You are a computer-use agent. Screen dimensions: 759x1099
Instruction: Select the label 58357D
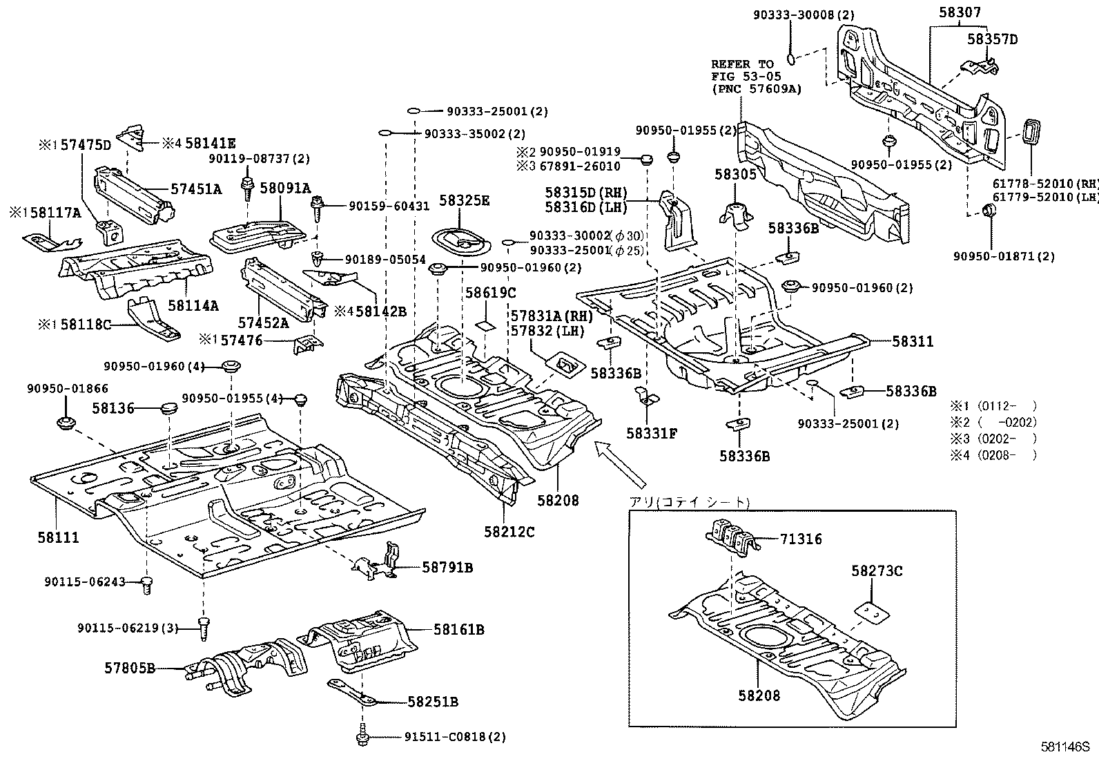[992, 39]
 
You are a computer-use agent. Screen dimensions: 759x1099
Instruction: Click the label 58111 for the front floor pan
[58, 537]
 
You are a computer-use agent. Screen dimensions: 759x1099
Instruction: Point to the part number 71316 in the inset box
[801, 539]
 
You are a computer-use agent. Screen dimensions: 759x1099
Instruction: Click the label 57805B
[130, 668]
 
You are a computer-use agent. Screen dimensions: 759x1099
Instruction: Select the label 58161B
[458, 629]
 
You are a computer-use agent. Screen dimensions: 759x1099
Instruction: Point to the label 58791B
[447, 568]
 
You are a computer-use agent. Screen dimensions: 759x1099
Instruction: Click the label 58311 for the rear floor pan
[912, 341]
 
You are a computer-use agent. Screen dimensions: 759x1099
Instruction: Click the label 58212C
[509, 532]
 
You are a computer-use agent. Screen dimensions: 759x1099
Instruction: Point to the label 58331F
[652, 434]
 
